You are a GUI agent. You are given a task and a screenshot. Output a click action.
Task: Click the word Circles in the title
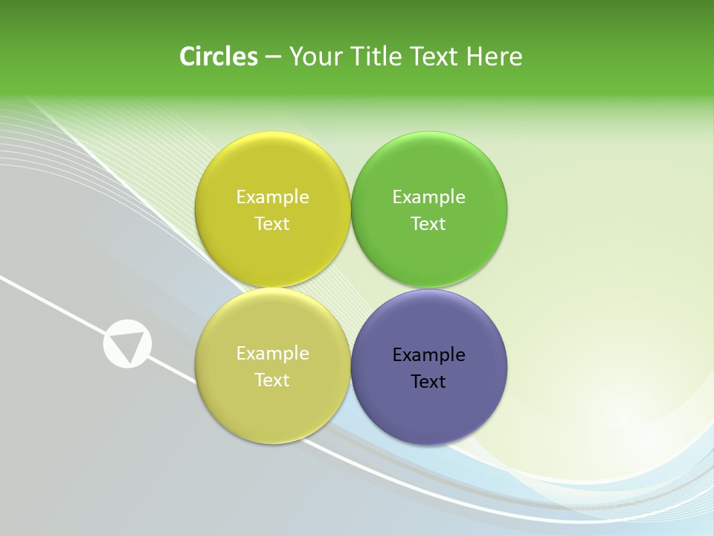pyautogui.click(x=219, y=57)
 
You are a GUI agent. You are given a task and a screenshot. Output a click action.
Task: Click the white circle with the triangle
pyautogui.click(x=127, y=344)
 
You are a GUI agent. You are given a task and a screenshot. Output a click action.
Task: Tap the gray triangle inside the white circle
pyautogui.click(x=128, y=345)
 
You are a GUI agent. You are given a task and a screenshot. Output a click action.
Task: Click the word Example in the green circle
pyautogui.click(x=428, y=197)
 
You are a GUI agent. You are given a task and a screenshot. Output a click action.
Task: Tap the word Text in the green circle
pyautogui.click(x=428, y=224)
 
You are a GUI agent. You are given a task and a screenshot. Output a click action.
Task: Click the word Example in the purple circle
pyautogui.click(x=428, y=355)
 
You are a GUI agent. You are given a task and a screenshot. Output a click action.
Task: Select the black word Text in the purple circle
pyautogui.click(x=428, y=382)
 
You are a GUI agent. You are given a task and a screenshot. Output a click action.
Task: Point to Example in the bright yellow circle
pyautogui.click(x=272, y=197)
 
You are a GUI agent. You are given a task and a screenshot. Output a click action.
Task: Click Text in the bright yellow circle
pyautogui.click(x=272, y=224)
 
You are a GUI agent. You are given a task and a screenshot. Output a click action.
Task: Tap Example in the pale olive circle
pyautogui.click(x=272, y=354)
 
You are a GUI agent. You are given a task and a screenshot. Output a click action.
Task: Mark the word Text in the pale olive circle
pyautogui.click(x=272, y=380)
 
